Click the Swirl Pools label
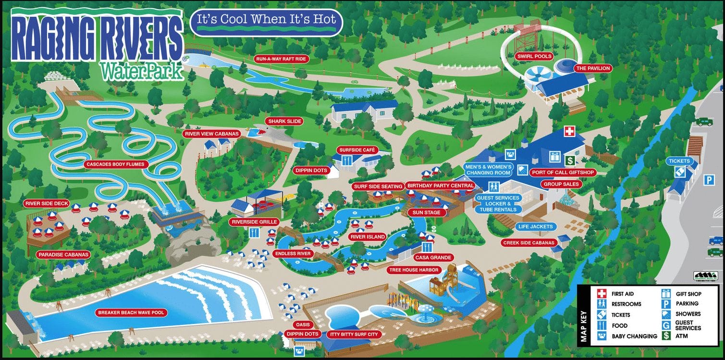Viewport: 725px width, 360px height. pyautogui.click(x=534, y=56)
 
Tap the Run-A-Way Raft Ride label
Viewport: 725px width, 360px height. pyautogui.click(x=281, y=59)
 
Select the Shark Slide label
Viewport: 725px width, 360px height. pyautogui.click(x=284, y=121)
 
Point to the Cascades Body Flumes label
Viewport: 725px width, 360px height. pyautogui.click(x=115, y=164)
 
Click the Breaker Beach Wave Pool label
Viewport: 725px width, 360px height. pyautogui.click(x=131, y=313)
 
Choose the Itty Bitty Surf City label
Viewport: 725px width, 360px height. pyautogui.click(x=354, y=334)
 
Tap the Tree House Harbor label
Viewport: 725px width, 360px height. pyautogui.click(x=414, y=270)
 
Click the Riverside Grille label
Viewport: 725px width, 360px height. pyautogui.click(x=254, y=222)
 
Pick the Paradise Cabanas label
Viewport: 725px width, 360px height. pyautogui.click(x=64, y=254)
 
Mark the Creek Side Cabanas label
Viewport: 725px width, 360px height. pyautogui.click(x=528, y=243)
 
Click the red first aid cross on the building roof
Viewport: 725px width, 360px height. pyautogui.click(x=569, y=131)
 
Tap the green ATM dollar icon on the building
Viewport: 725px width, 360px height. pyautogui.click(x=570, y=160)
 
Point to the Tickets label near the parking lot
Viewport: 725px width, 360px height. pyautogui.click(x=678, y=161)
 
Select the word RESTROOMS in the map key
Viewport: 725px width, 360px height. pyautogui.click(x=626, y=304)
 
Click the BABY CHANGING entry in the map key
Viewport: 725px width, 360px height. pyautogui.click(x=634, y=336)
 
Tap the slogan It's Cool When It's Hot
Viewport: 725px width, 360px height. pyautogui.click(x=266, y=22)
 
